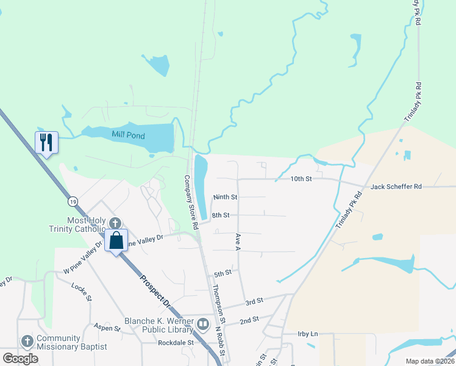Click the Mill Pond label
pyautogui.click(x=128, y=135)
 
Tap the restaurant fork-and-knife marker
pyautogui.click(x=46, y=143)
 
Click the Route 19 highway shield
pyautogui.click(x=73, y=201)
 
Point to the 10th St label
pyautogui.click(x=301, y=179)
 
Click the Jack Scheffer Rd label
pyautogui.click(x=396, y=186)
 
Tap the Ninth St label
pyautogui.click(x=225, y=197)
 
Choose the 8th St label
pyautogui.click(x=220, y=215)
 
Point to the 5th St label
pyautogui.click(x=223, y=273)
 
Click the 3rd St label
pyautogui.click(x=254, y=301)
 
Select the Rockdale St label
pyautogui.click(x=175, y=343)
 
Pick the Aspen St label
pyautogui.click(x=107, y=328)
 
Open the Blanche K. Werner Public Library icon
pyautogui.click(x=203, y=323)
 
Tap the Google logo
pyautogui.click(x=21, y=359)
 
